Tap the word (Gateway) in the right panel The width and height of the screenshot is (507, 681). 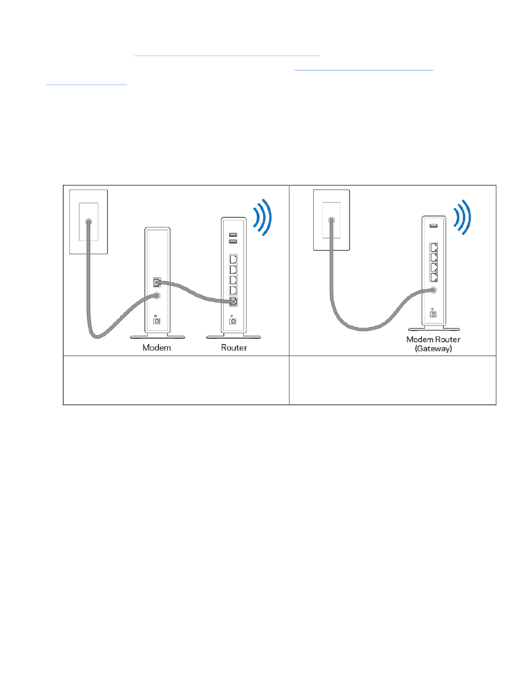(433, 349)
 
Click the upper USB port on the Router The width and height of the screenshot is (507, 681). (233, 234)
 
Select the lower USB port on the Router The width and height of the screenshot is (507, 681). (233, 241)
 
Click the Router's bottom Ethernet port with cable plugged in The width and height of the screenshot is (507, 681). (233, 303)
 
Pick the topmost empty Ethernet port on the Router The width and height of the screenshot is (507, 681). (233, 259)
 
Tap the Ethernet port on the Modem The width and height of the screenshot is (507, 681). (156, 281)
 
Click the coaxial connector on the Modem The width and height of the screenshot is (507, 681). (157, 295)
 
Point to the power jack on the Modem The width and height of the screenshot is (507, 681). (157, 320)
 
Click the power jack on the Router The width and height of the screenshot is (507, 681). (233, 322)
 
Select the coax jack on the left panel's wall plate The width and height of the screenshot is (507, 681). (88, 221)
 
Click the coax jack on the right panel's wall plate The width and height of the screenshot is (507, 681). (332, 219)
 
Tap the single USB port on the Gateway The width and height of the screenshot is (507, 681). (433, 226)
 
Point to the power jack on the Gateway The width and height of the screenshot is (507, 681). (433, 314)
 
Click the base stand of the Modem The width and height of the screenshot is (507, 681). (157, 337)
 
